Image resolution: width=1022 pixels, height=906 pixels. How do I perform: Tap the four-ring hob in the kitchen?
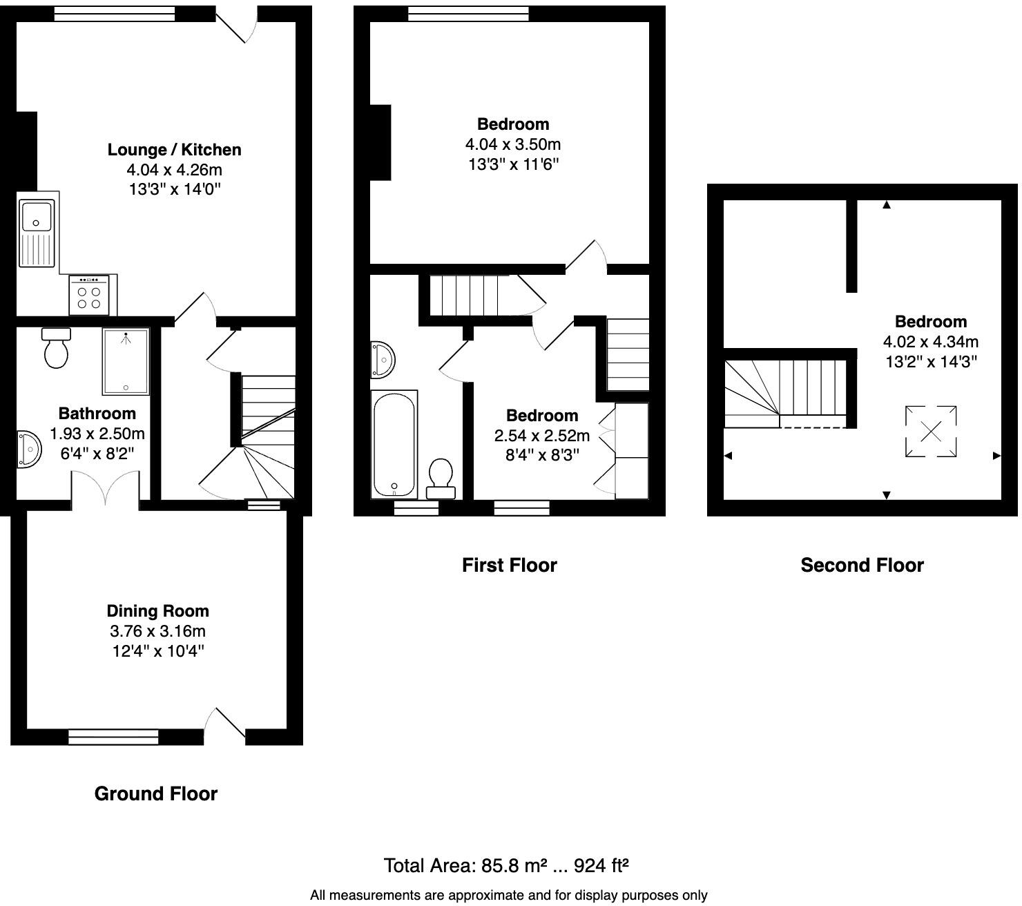tap(88, 296)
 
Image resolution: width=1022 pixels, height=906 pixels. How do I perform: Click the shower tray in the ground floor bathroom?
tap(126, 361)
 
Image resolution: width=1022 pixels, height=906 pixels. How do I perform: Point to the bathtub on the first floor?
tap(394, 444)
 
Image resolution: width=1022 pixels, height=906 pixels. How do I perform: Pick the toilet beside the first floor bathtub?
tap(441, 479)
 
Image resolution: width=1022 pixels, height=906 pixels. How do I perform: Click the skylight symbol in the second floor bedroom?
tap(931, 432)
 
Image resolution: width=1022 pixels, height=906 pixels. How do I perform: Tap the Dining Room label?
tap(157, 611)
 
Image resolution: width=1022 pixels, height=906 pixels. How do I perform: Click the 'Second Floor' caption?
tap(862, 566)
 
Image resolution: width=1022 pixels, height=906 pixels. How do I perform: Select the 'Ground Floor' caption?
tap(156, 794)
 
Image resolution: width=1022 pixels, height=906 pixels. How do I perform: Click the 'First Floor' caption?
tap(509, 566)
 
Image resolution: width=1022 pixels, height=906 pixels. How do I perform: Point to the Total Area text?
tap(505, 866)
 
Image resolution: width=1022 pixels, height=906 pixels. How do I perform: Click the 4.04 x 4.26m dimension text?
tap(174, 170)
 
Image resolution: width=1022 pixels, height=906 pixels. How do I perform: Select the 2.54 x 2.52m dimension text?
tap(542, 436)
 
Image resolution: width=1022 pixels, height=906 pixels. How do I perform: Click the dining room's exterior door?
tap(226, 726)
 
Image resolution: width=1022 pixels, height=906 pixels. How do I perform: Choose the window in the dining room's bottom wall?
tap(113, 738)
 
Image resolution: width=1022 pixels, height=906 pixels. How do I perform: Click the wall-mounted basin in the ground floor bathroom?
tap(28, 449)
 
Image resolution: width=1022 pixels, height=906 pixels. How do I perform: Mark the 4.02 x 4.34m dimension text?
tap(930, 342)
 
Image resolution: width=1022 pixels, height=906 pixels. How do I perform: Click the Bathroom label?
tap(97, 414)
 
